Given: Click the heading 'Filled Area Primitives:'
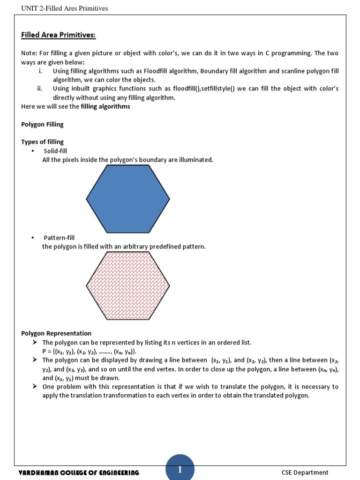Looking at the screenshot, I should tap(59, 35).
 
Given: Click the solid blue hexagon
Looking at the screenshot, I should tap(128, 199).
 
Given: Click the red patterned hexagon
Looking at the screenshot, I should tap(128, 285).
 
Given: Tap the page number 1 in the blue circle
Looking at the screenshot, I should tap(180, 470).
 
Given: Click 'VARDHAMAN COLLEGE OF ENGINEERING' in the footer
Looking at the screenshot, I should tap(79, 472).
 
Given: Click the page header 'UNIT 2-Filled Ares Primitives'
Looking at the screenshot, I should tap(65, 8).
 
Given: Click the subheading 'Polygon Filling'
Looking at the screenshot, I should tap(42, 124).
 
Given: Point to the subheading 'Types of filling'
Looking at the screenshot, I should tap(42, 142).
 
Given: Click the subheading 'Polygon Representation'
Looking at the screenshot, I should tap(56, 333).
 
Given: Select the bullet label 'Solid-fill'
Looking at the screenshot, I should tap(57, 151).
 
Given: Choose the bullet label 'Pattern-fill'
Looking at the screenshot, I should tap(59, 238).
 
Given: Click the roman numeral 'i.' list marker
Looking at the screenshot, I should tap(40, 71).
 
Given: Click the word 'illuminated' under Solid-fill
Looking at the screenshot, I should tap(196, 160).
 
